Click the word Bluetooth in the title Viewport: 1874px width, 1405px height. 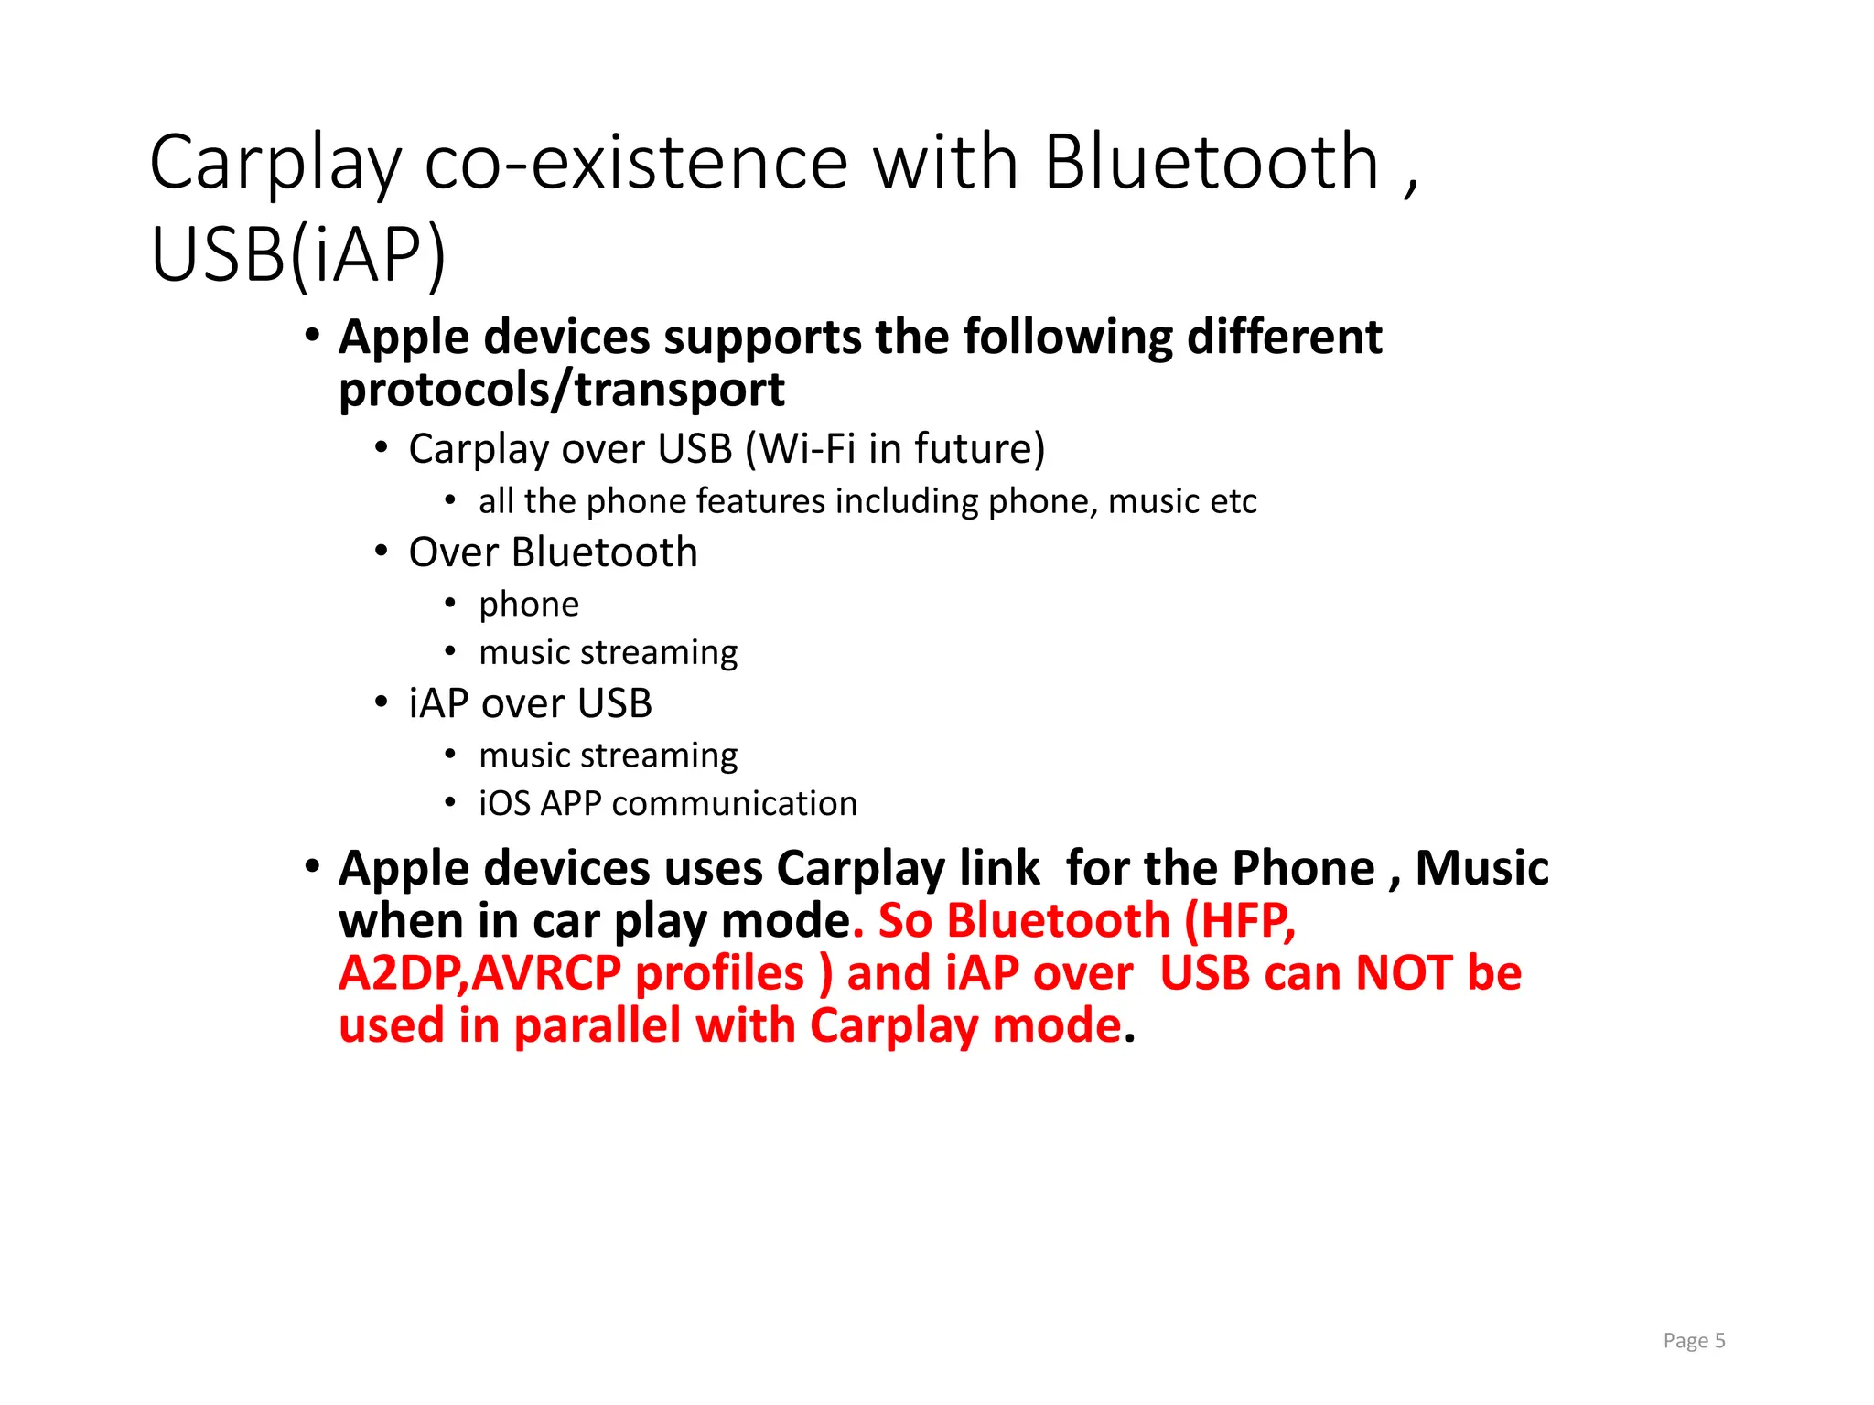(x=1211, y=163)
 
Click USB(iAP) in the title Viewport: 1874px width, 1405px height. (x=298, y=255)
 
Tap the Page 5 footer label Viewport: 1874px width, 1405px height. (x=1694, y=1341)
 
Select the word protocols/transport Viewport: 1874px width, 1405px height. (x=562, y=391)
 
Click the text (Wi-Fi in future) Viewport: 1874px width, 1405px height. (x=895, y=449)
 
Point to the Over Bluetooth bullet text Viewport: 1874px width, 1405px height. (x=553, y=552)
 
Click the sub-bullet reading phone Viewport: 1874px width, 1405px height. (x=529, y=605)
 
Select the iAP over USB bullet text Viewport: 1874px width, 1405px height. (x=530, y=703)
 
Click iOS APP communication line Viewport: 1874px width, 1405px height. (x=668, y=804)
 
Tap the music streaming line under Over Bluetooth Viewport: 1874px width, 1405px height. (x=608, y=653)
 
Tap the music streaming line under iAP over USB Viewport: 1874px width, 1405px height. (x=608, y=756)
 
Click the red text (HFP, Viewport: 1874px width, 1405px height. (x=1240, y=921)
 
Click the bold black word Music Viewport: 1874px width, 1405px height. (x=1481, y=868)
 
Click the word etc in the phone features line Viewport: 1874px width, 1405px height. (x=1232, y=502)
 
